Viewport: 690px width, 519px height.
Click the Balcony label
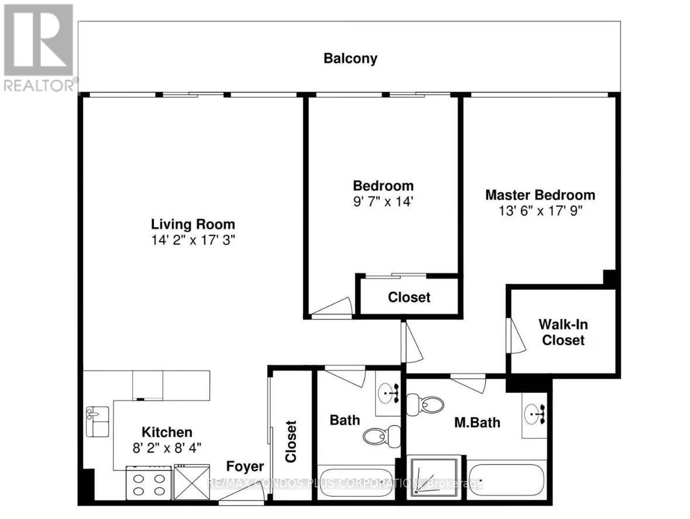tap(351, 59)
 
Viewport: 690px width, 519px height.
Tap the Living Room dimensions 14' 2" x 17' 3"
tap(193, 240)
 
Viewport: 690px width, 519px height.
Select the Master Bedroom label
tap(540, 195)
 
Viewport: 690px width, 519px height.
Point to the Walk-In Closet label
tap(563, 332)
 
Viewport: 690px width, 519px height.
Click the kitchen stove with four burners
tap(149, 483)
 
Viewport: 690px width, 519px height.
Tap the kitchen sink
tap(97, 421)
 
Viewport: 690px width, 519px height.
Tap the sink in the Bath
tap(388, 393)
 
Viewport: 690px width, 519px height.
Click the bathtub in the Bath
tap(356, 482)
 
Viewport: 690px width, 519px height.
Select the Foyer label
tap(245, 466)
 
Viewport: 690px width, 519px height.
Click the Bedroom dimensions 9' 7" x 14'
tap(383, 202)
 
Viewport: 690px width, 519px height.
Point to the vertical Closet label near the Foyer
tap(291, 442)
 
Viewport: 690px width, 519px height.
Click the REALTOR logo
tap(39, 47)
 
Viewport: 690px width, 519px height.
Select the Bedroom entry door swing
tap(332, 307)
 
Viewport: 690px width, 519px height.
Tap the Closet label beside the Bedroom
tap(409, 297)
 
